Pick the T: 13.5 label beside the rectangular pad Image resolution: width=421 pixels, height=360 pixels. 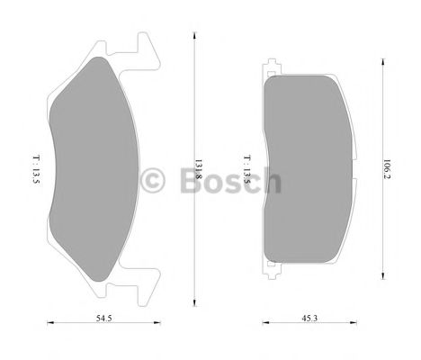pyautogui.click(x=246, y=167)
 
